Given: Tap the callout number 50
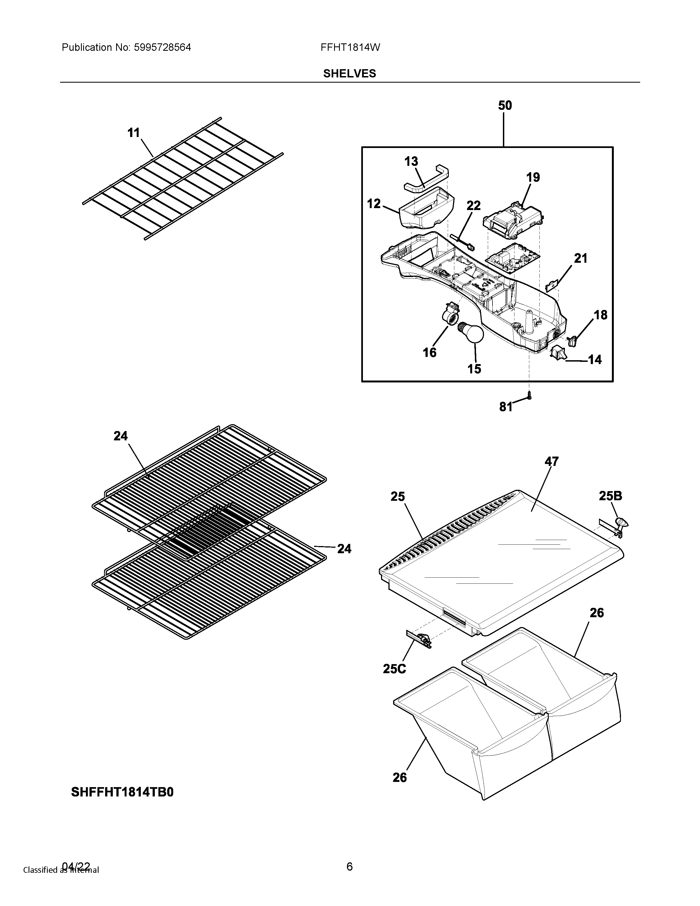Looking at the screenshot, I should click(x=505, y=105).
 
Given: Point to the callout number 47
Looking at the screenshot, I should click(x=551, y=461).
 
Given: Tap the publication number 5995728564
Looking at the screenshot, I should click(x=162, y=47).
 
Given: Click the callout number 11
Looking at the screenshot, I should click(x=133, y=133).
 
